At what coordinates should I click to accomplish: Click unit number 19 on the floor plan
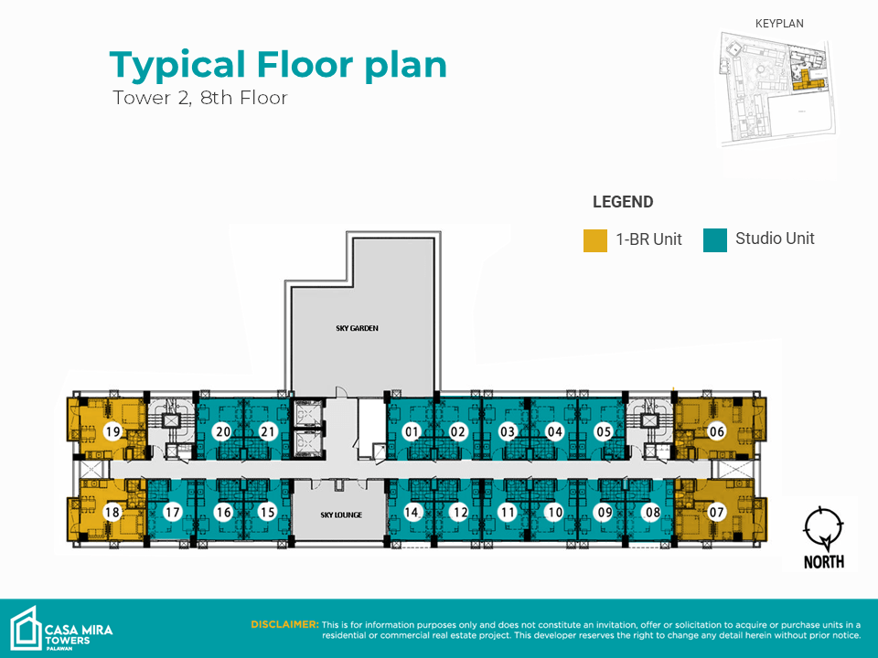tap(113, 431)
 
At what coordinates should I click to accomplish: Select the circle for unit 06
tap(717, 431)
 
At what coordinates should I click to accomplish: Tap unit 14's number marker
tap(412, 512)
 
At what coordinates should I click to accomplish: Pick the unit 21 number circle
tap(268, 431)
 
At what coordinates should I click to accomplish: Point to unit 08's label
tap(653, 512)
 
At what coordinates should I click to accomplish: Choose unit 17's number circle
tap(172, 512)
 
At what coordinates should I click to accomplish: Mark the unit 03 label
tap(508, 431)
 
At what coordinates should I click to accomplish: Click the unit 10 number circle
tap(555, 512)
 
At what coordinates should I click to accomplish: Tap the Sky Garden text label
tap(358, 328)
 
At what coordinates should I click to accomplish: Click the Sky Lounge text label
tap(341, 515)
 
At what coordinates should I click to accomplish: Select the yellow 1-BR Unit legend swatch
tap(595, 240)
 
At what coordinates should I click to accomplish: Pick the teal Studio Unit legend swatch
tap(715, 240)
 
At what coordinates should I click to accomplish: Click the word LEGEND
tap(623, 202)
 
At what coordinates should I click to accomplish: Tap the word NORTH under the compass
tap(824, 562)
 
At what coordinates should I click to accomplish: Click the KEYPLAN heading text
tap(779, 24)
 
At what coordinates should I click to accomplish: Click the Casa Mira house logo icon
tap(26, 628)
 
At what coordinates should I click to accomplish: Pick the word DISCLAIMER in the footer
tap(284, 624)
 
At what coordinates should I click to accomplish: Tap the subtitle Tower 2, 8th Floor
tap(200, 98)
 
